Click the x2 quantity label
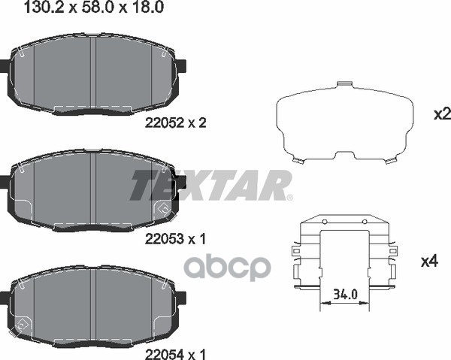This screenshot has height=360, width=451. pyautogui.click(x=441, y=114)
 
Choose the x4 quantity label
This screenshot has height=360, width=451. pyautogui.click(x=429, y=262)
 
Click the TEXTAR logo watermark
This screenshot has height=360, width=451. pyautogui.click(x=210, y=185)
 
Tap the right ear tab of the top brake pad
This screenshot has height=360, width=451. pyautogui.click(x=180, y=67)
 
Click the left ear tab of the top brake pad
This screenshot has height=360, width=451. pyautogui.click(x=5, y=67)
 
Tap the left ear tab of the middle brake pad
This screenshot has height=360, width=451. pyautogui.click(x=5, y=181)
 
